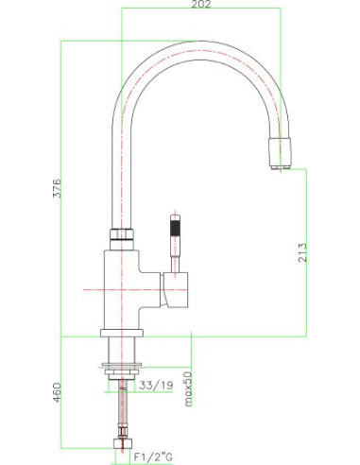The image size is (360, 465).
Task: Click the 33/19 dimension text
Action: point(155,387)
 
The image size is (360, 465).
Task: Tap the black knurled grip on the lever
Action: point(173,228)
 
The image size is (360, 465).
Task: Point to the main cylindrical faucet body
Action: point(121,284)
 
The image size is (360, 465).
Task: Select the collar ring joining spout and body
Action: point(121,234)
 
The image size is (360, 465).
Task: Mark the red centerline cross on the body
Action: point(120,286)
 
